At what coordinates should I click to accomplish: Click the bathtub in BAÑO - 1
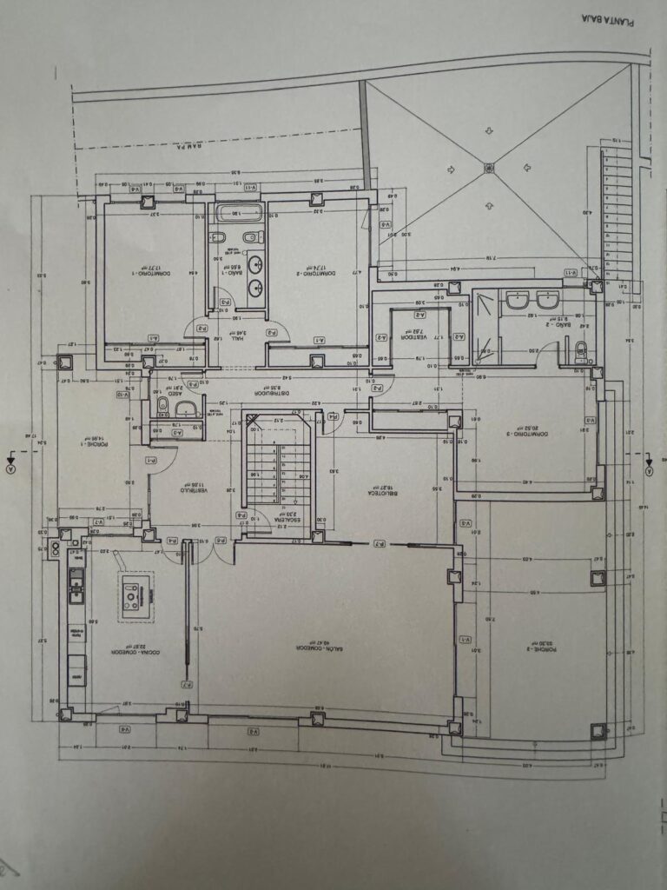(x=238, y=212)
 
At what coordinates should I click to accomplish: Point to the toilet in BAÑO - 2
(x=580, y=350)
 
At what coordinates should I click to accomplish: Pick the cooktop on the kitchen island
(x=135, y=594)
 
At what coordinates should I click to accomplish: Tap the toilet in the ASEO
(x=185, y=408)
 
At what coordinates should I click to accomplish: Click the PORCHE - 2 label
(x=544, y=647)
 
